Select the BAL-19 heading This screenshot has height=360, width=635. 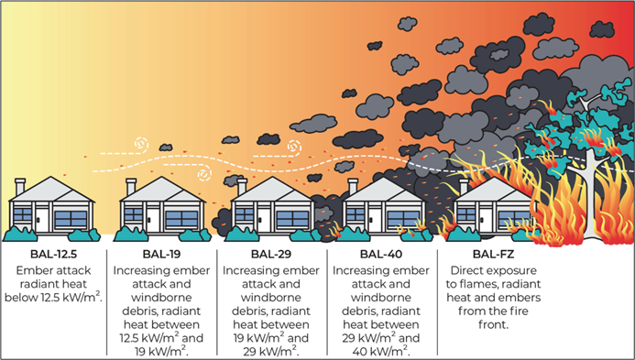coord(162,255)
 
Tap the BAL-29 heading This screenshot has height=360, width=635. coord(271,255)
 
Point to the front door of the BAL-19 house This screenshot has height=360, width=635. coord(149,219)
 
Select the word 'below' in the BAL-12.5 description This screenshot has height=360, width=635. coord(29,299)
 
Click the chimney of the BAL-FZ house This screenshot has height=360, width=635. coord(461,187)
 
